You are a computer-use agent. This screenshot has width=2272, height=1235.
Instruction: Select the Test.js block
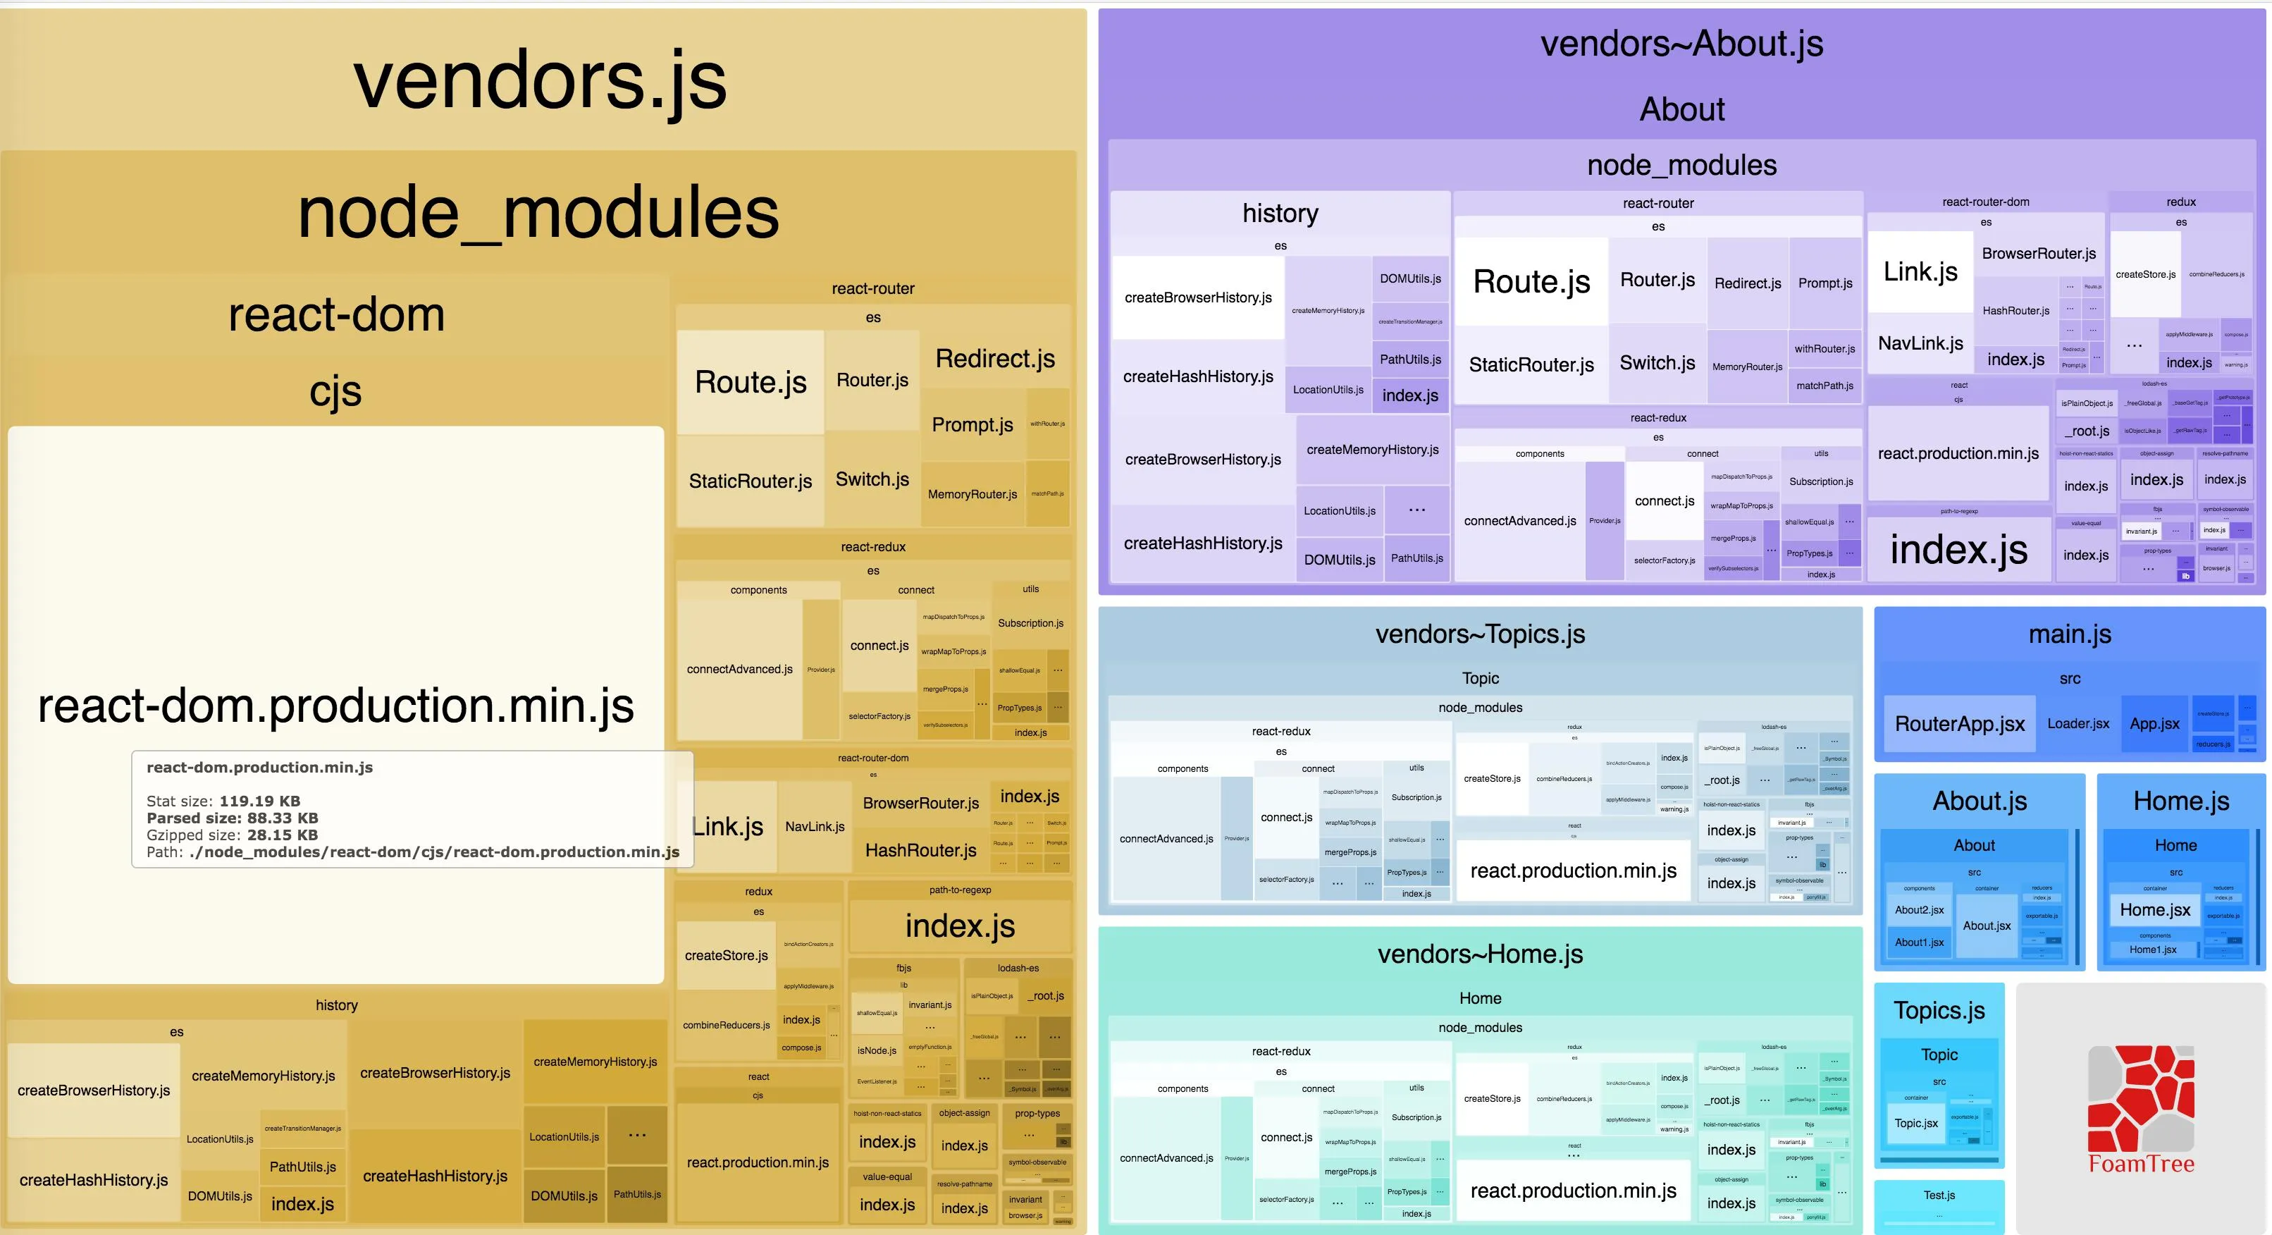click(x=1939, y=1196)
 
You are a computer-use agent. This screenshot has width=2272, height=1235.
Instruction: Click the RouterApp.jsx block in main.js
click(x=1959, y=724)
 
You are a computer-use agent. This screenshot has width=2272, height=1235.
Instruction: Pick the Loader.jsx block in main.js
click(x=2078, y=723)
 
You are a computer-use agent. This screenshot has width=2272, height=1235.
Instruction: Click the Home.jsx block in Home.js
click(x=2155, y=909)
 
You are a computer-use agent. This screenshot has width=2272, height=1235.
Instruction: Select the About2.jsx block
click(x=1919, y=909)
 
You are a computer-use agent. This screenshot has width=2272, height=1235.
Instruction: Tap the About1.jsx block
click(x=1919, y=942)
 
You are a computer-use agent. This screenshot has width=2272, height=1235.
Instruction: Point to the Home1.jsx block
click(x=2153, y=950)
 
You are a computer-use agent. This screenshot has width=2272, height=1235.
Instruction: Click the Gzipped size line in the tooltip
click(x=232, y=835)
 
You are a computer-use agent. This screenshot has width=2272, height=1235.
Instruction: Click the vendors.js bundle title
click(x=540, y=81)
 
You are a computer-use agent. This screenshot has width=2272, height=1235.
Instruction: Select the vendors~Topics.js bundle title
click(x=1480, y=634)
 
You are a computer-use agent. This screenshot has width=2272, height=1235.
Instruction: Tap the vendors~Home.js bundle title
click(x=1480, y=954)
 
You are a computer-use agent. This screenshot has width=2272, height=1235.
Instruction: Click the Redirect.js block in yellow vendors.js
click(x=995, y=359)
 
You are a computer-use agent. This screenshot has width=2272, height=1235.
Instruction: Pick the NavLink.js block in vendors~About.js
click(x=1920, y=343)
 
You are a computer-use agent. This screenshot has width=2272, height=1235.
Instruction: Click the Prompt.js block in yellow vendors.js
click(x=972, y=425)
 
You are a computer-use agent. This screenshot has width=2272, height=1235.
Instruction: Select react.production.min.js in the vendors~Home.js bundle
click(x=1574, y=1191)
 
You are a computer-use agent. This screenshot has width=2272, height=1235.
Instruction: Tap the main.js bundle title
click(x=2069, y=634)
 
